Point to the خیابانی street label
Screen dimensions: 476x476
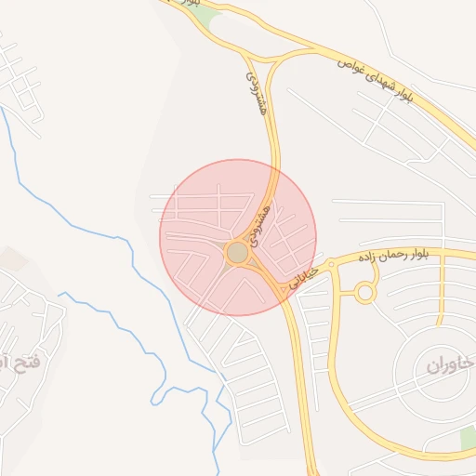point(304,277)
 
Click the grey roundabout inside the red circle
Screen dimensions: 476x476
point(237,252)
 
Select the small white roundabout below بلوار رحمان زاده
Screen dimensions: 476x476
point(364,294)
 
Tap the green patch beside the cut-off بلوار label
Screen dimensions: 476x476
point(206,16)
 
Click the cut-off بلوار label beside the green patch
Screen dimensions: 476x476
point(191,4)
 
